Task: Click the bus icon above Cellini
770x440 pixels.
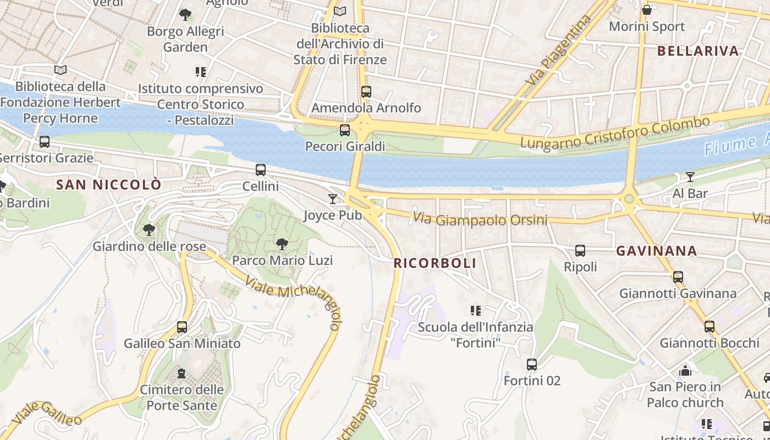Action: [261, 170]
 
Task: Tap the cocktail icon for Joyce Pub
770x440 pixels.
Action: [333, 199]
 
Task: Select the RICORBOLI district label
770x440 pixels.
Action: [435, 263]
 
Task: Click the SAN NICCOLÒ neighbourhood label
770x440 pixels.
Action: [109, 185]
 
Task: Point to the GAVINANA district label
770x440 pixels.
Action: [657, 251]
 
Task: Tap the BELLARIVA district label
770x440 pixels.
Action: [698, 51]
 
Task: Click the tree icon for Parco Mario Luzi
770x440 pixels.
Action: [282, 244]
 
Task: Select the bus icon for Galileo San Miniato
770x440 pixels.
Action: [182, 327]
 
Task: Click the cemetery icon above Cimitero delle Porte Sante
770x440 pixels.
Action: [181, 374]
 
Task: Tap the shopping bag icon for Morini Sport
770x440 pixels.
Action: [647, 10]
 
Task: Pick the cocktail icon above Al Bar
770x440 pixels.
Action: [690, 177]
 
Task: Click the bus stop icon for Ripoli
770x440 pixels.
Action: [580, 251]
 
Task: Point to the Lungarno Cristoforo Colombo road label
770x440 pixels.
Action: [615, 133]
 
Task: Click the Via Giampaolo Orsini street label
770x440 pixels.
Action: [480, 219]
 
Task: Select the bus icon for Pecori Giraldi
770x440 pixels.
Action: [345, 130]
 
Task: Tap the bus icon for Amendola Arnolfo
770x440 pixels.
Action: [366, 92]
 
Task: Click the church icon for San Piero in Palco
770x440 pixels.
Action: [685, 371]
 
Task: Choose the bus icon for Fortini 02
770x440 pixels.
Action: [532, 364]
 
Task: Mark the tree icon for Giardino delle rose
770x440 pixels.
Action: [148, 230]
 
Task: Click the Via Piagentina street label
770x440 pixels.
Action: [558, 50]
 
